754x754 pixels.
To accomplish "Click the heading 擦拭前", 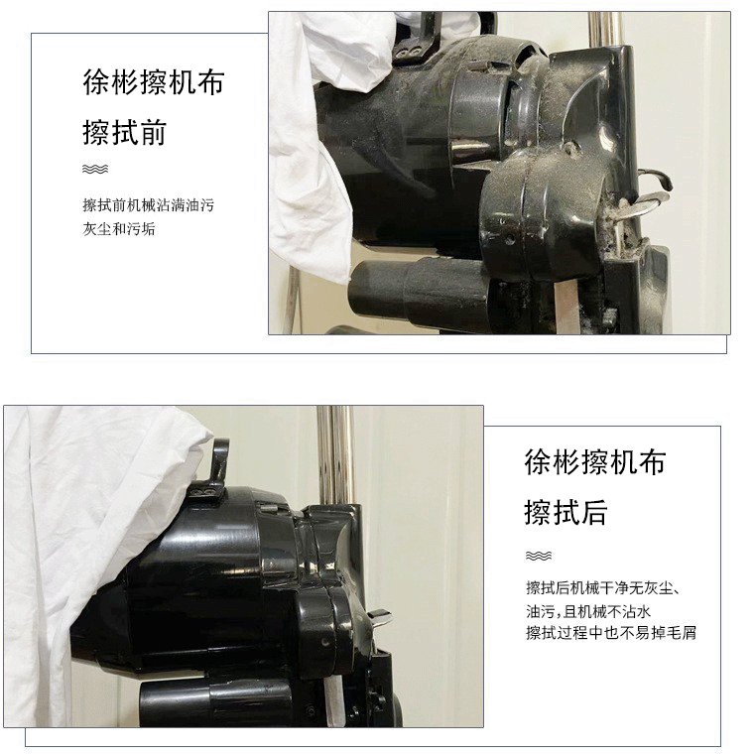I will pos(124,133).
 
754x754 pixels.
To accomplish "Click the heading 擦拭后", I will pos(565,513).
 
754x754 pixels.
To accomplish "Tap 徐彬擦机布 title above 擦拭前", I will pos(153,82).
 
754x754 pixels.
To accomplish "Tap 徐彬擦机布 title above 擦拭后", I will pos(594,462).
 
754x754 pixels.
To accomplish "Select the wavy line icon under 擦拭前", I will pos(95,169).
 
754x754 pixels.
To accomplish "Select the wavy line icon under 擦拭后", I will pos(538,556).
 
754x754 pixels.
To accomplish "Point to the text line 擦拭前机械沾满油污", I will pos(148,205).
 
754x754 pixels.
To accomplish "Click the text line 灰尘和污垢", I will pos(119,228).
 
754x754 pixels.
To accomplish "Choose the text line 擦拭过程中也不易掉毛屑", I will pos(611,632).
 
